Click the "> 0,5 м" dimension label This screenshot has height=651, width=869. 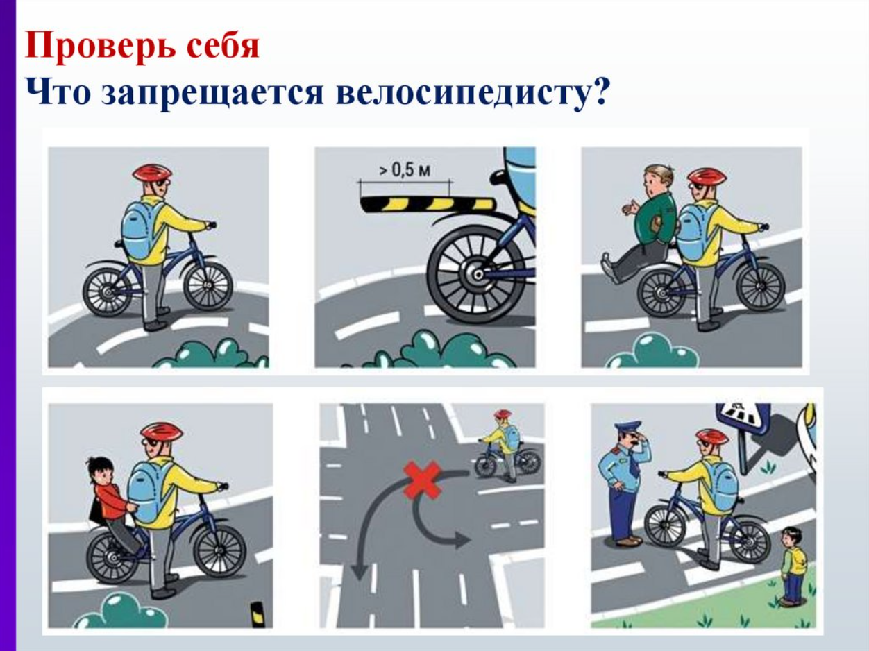[405, 170]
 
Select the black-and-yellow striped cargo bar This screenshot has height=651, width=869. [428, 205]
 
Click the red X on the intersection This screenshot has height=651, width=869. [422, 480]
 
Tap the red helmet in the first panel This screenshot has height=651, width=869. [152, 173]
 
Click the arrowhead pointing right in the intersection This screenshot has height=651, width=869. [462, 539]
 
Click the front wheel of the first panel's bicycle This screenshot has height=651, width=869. [208, 286]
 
